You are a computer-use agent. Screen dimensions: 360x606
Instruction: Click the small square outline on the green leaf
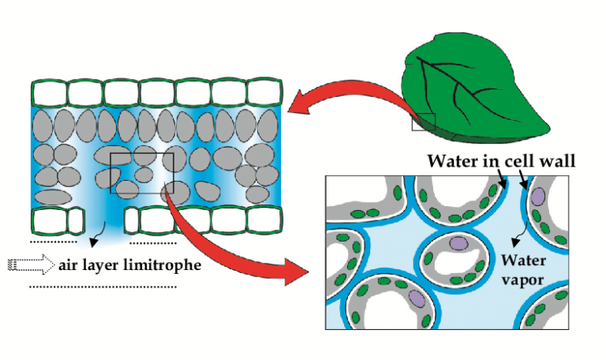tap(425, 122)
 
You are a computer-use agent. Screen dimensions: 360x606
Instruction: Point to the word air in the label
tap(68, 264)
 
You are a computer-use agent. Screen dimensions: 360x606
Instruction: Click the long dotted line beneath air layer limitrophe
tap(103, 287)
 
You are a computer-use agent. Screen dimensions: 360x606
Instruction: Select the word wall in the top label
tap(559, 161)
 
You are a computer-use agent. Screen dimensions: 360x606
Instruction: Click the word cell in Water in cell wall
tap(526, 161)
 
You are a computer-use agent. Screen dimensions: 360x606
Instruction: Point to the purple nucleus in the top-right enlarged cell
tap(538, 194)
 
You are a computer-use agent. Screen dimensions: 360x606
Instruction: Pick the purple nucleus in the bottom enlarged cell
tap(416, 299)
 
